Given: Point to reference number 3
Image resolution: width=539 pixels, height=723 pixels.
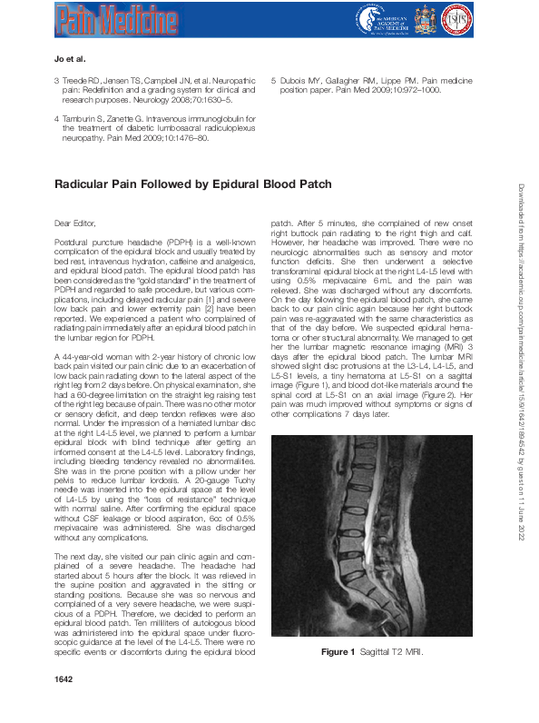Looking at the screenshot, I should pyautogui.click(x=57, y=79).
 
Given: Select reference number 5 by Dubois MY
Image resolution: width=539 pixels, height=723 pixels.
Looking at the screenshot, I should pyautogui.click(x=274, y=79).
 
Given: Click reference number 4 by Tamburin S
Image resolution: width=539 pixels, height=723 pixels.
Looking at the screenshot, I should pyautogui.click(x=57, y=119).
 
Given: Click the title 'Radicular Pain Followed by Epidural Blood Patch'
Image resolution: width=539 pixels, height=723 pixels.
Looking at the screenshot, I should pyautogui.click(x=192, y=183).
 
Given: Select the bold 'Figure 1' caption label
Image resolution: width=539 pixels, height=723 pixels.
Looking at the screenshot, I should pyautogui.click(x=339, y=653).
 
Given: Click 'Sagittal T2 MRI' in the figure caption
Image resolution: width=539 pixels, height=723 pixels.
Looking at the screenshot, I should pyautogui.click(x=388, y=653).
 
